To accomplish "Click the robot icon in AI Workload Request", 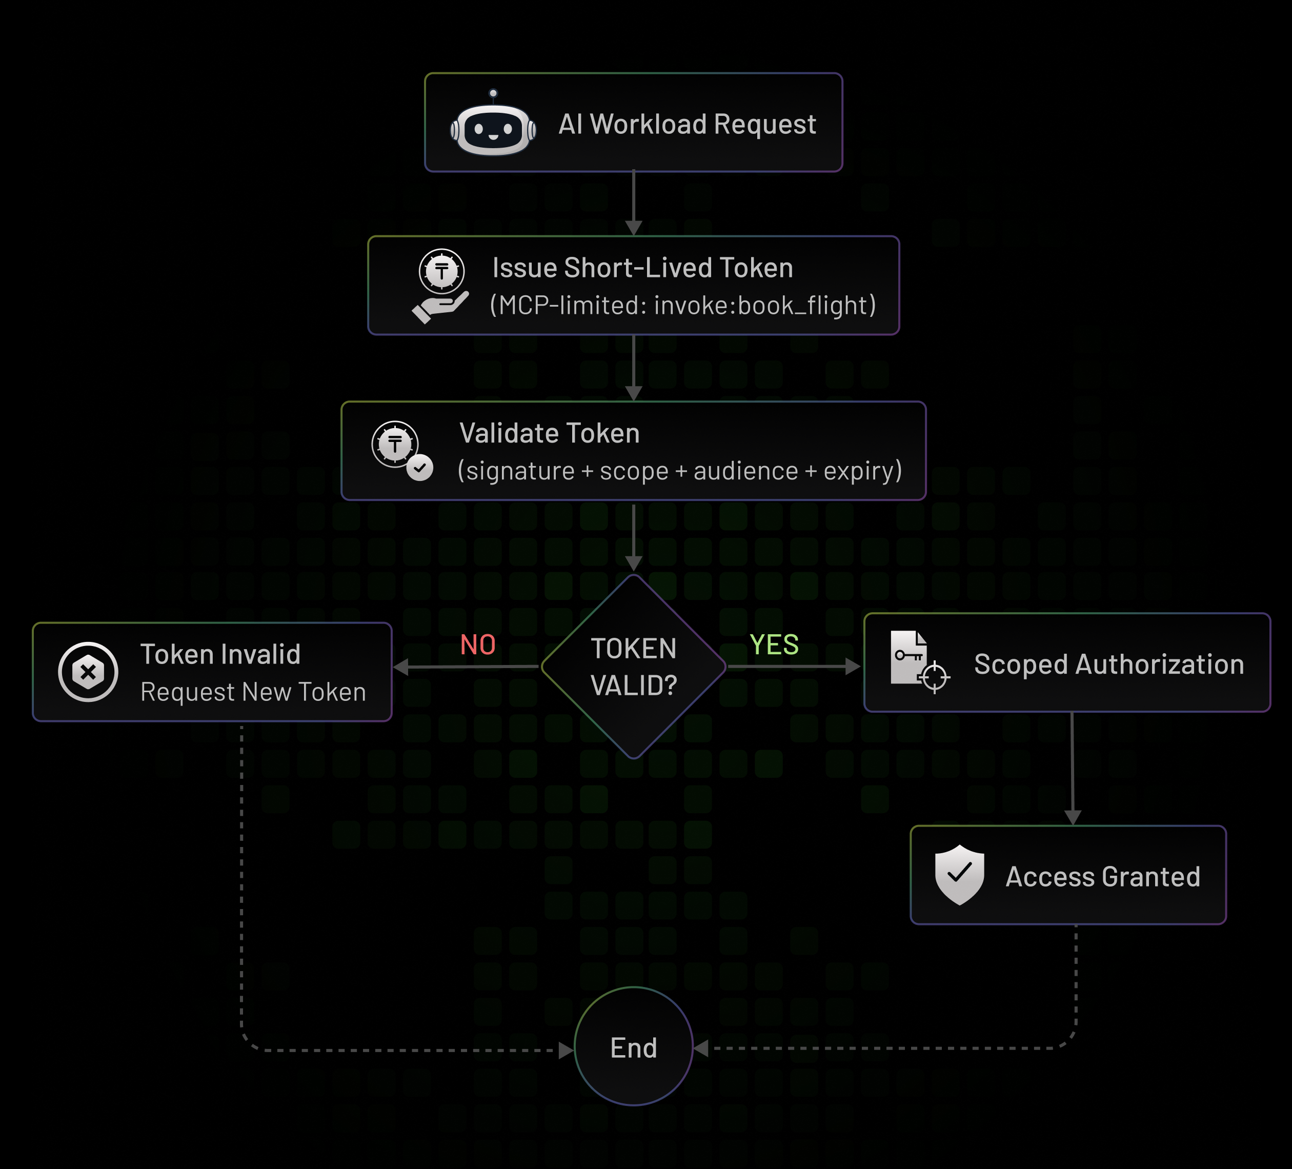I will [493, 126].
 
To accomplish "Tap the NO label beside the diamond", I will [478, 645].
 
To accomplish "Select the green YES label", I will [774, 645].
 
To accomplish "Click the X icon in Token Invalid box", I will [88, 672].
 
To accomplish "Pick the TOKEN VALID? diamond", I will [633, 667].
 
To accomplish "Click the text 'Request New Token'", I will [253, 692].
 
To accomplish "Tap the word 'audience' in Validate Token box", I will [745, 471].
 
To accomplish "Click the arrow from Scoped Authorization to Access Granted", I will [1072, 769].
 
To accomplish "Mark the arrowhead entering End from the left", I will [566, 1050].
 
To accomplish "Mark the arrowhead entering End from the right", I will [702, 1049].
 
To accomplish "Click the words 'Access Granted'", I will [1102, 877].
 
